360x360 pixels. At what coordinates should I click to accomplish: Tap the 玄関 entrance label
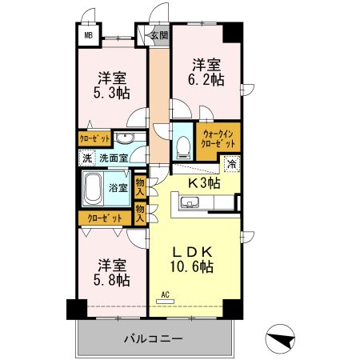pos(159,36)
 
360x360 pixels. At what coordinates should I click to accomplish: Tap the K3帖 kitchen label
pos(204,183)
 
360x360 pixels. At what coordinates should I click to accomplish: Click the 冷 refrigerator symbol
pos(231,166)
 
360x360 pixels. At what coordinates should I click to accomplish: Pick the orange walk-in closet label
pos(218,138)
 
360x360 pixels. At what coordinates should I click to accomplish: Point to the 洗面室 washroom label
pos(113,158)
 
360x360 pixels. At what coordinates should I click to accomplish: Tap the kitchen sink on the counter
pos(190,205)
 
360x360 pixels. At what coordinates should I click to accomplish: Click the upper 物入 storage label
pos(140,186)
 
